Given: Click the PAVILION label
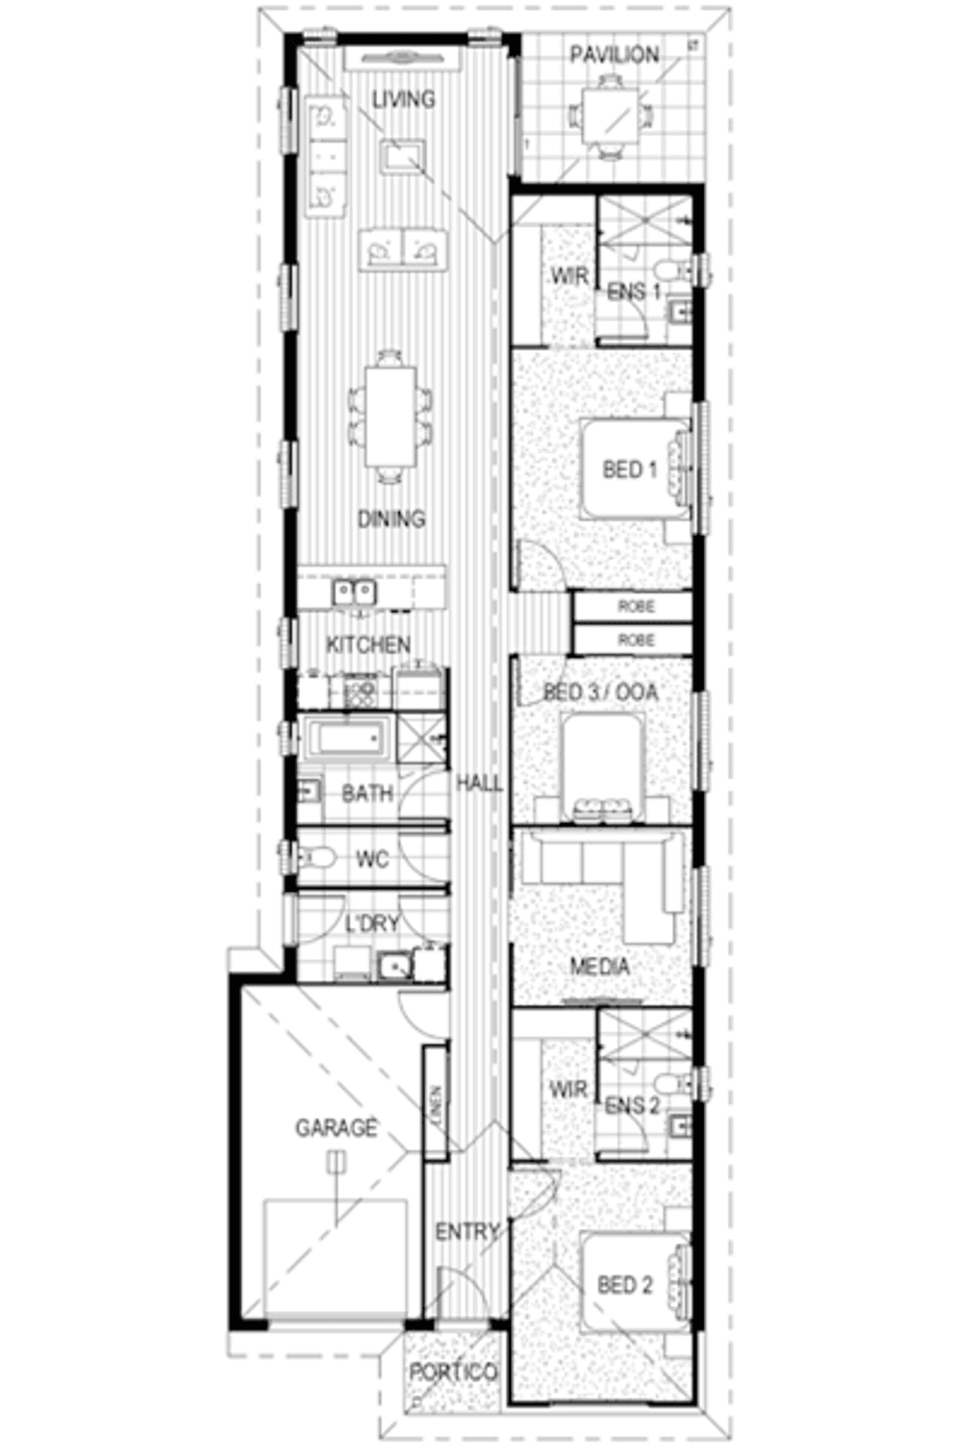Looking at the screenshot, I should tap(614, 55).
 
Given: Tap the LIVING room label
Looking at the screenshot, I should tap(404, 99).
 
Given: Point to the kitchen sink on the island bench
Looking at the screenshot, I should tap(355, 591).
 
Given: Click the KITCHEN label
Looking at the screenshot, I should tap(368, 645).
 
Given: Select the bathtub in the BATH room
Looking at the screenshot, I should tap(347, 739).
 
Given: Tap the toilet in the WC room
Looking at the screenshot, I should tap(317, 856).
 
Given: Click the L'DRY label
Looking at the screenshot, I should tap(372, 924).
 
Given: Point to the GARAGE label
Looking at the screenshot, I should tap(336, 1127).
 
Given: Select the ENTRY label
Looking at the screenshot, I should tap(468, 1232).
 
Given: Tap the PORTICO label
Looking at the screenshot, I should tap(453, 1372).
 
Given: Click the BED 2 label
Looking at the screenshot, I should tap(625, 1285).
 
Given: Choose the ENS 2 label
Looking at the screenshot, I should tap(632, 1106).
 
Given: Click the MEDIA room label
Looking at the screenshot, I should tap(600, 966).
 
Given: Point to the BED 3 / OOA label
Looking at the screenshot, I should tap(601, 692).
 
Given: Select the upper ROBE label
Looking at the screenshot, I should tap(636, 606).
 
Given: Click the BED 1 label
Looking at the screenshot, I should tap(629, 469).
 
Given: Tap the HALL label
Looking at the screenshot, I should tap(479, 784).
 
